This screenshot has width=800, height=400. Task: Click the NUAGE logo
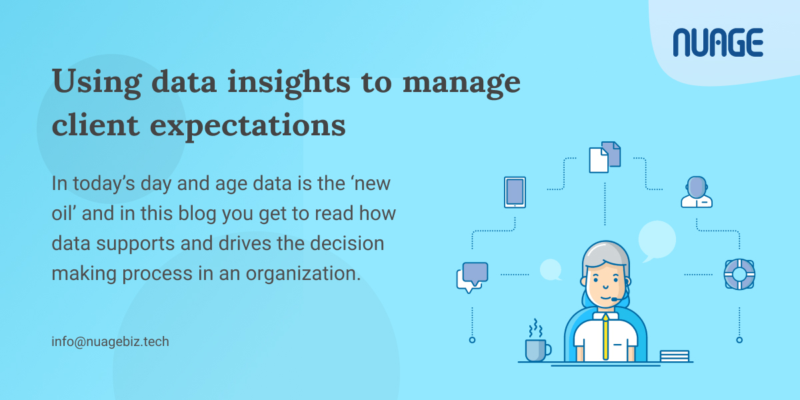pos(717,43)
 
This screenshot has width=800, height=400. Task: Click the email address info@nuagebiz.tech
pos(110,342)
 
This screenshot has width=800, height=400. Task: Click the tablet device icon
pos(515,192)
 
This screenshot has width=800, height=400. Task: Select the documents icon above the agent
pos(605,157)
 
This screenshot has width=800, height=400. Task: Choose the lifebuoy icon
pos(739,274)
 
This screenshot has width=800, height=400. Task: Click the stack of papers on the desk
pos(674,356)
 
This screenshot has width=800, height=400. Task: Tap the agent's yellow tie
pos(605,337)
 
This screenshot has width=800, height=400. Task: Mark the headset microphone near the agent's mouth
pos(615,299)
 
